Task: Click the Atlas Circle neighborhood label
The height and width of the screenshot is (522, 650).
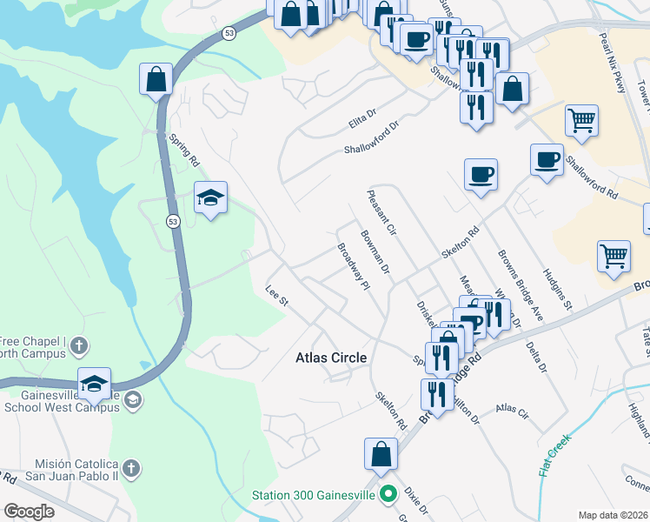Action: tap(331, 358)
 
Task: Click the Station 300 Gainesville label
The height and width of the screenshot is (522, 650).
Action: tap(314, 495)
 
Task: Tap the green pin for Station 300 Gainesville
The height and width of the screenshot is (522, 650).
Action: tap(388, 495)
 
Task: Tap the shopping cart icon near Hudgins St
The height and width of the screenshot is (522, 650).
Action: tap(614, 257)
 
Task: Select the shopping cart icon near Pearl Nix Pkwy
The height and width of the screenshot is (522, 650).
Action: tap(581, 121)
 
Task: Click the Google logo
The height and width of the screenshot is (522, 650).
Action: tap(30, 512)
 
